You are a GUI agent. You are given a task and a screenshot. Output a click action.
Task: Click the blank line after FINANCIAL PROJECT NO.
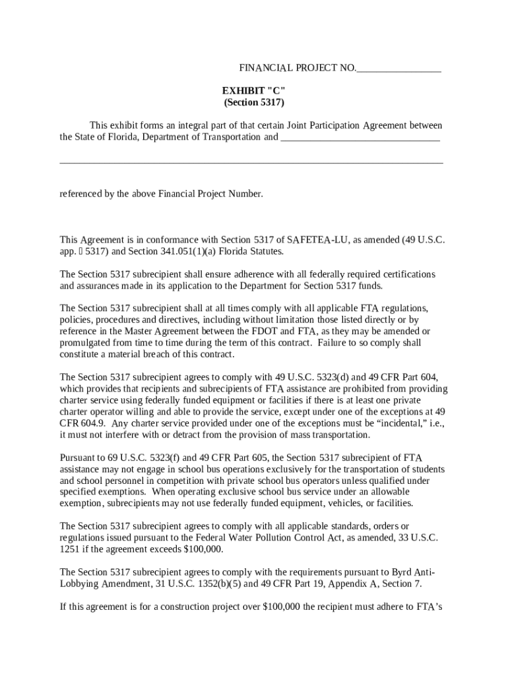[398, 69]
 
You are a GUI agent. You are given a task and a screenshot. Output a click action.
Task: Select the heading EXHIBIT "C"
[254, 91]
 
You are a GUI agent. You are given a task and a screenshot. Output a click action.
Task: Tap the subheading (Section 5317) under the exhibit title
[254, 103]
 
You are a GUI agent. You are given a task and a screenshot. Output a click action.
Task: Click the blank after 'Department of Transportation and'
[360, 138]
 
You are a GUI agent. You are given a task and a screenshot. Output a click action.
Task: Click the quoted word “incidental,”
[405, 423]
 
